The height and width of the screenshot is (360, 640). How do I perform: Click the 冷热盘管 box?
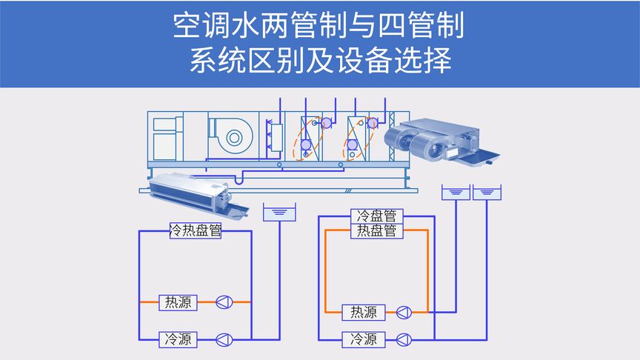pos(196,230)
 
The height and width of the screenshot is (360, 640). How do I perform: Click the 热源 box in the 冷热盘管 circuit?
pos(179,302)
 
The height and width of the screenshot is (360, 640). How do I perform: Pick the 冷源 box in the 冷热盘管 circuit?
pos(179,339)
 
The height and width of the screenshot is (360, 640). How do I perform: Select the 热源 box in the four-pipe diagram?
pos(363,312)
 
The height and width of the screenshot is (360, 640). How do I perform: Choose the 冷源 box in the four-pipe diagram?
pos(363,339)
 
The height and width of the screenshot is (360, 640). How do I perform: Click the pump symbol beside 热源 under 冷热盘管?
pos(224,302)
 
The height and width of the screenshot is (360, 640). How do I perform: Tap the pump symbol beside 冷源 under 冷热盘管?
pos(224,339)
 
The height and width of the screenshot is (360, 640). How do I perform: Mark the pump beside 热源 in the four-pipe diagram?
pos(404,312)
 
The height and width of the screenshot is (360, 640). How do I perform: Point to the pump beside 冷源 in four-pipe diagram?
pos(404,339)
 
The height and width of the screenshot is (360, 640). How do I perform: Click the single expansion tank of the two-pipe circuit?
pos(280,213)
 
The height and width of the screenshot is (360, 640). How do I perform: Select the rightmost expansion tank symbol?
pos(486,193)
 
